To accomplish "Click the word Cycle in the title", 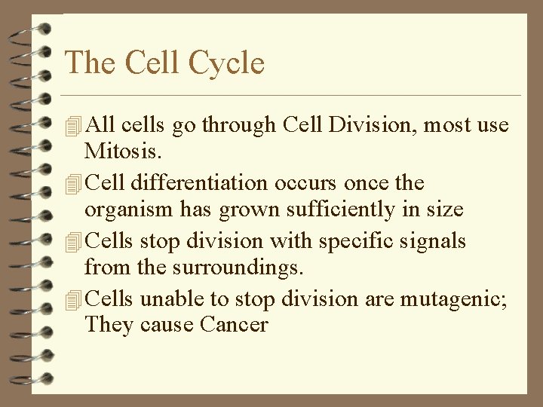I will point(226,63).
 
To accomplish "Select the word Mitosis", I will point(122,151).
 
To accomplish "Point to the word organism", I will point(123,209).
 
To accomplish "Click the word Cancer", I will point(235,325).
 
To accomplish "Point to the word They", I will point(109,325).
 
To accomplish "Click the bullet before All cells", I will point(73,126).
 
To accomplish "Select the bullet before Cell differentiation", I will point(73,184).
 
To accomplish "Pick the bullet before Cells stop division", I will point(73,242).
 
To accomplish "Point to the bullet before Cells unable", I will point(73,300).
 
